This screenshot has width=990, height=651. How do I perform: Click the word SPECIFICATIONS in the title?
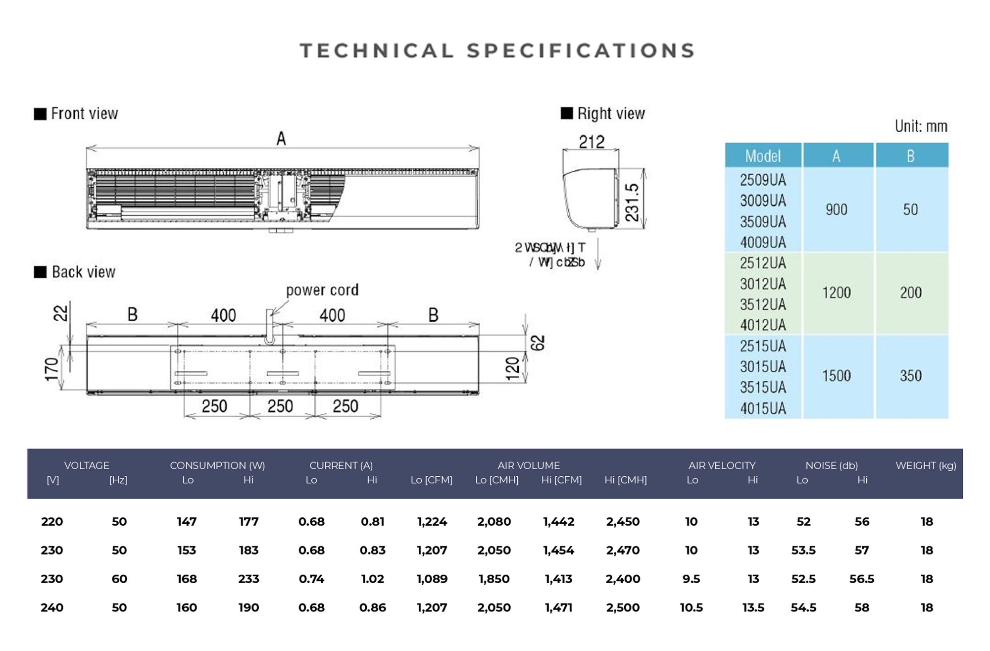click(581, 51)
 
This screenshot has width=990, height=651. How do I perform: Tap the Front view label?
click(84, 114)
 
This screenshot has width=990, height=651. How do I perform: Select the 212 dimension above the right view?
click(592, 142)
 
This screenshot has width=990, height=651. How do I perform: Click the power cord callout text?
click(322, 290)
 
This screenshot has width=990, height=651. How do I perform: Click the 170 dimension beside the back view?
click(51, 369)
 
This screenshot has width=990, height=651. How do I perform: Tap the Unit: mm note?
click(921, 126)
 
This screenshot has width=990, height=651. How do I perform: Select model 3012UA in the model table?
click(763, 284)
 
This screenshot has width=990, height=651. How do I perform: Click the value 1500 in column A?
click(837, 376)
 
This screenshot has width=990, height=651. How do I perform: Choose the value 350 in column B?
click(911, 376)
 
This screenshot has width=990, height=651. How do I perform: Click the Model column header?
click(763, 156)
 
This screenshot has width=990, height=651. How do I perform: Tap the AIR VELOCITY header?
click(722, 465)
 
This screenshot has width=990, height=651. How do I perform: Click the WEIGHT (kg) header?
click(926, 465)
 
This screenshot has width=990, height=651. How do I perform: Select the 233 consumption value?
click(248, 579)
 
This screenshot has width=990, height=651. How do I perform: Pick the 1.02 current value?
click(372, 579)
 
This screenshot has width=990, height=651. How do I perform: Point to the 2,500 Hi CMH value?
click(623, 607)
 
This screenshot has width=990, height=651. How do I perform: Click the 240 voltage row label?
click(52, 607)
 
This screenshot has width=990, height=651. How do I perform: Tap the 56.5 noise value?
click(861, 579)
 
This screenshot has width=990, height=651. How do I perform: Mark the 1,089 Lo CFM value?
click(432, 579)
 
